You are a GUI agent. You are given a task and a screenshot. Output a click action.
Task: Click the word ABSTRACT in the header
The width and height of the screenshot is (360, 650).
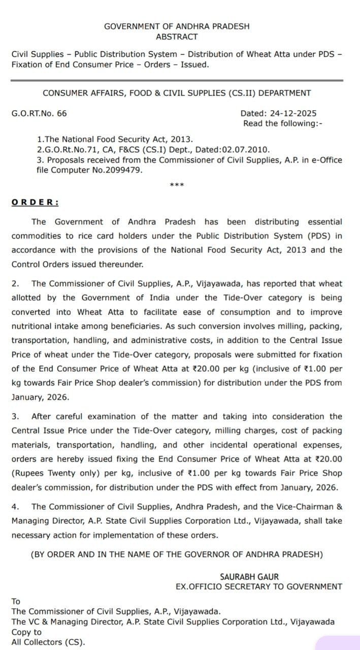pyautogui.click(x=177, y=37)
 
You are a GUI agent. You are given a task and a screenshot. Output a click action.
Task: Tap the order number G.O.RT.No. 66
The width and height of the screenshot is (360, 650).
pyautogui.click(x=39, y=113)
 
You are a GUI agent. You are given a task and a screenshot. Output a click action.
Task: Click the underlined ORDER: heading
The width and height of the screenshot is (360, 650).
pyautogui.click(x=35, y=202)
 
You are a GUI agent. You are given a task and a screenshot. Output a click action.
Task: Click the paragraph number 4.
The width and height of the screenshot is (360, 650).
pyautogui.click(x=15, y=506)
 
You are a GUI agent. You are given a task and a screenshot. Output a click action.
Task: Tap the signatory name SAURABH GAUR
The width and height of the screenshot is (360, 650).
pyautogui.click(x=249, y=577)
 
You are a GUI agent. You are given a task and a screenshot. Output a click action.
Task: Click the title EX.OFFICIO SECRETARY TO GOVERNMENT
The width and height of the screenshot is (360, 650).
pyautogui.click(x=258, y=587)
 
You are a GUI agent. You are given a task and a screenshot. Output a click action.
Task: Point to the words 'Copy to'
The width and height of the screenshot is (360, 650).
pyautogui.click(x=27, y=632)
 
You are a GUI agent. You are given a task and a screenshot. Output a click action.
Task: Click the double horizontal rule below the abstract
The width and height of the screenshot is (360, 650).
pyautogui.click(x=177, y=80)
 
